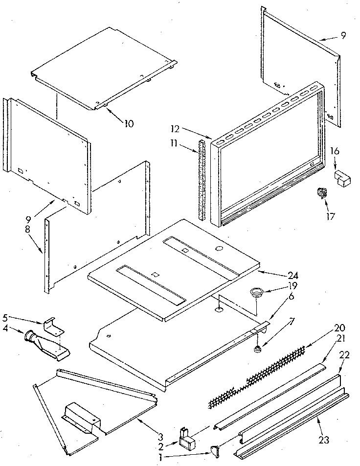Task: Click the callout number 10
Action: click(129, 123)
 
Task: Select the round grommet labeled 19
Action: click(255, 293)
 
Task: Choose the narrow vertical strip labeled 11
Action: click(201, 179)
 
